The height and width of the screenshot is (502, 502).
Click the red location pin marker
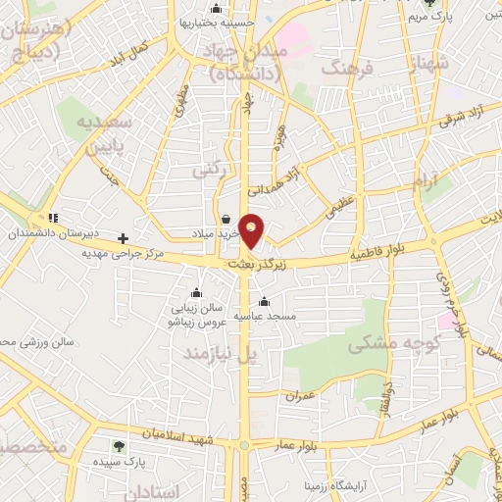(x=252, y=230)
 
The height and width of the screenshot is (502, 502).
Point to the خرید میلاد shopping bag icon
(x=226, y=219)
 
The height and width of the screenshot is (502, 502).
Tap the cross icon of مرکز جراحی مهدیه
(x=123, y=237)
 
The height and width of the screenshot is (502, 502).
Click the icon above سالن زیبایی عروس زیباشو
(x=196, y=291)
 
